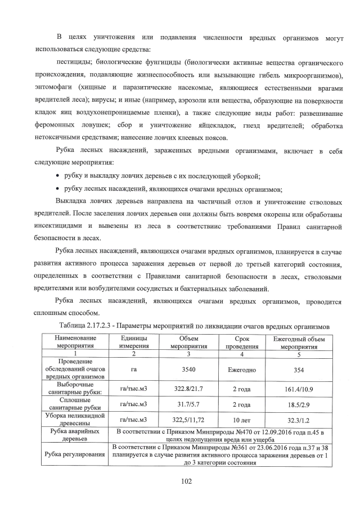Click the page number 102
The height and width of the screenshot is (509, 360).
tap(179, 480)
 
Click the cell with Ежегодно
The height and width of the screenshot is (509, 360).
tap(242, 370)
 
